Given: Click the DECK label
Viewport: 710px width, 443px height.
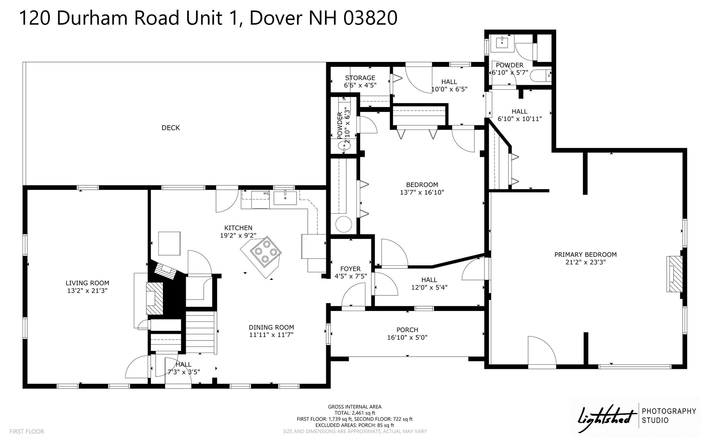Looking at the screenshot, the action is (x=171, y=128).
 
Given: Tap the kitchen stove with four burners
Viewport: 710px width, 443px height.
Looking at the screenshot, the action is (x=266, y=251).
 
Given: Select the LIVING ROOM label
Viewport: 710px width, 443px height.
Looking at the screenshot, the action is (x=87, y=283).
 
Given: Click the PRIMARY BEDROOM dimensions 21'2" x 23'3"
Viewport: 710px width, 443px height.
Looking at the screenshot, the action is (x=585, y=262).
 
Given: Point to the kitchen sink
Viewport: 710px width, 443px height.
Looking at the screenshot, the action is (x=285, y=198).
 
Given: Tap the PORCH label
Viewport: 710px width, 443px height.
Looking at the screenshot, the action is (x=407, y=330).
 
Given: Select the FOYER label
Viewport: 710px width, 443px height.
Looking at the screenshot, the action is (x=350, y=269).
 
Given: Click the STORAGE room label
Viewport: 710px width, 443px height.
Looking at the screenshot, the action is (x=360, y=78).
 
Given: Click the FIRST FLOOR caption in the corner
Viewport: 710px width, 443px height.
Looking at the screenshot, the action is (x=27, y=432).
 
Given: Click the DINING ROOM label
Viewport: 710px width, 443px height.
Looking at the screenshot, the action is (x=271, y=327).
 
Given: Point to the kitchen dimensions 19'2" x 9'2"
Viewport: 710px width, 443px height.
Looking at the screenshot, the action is (x=238, y=236).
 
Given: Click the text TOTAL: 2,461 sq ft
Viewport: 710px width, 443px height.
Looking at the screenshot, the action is (x=355, y=413).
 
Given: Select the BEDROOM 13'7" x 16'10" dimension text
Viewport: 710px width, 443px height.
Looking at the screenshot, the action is (x=422, y=192).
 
